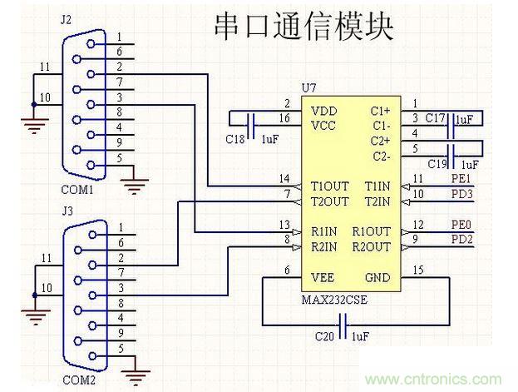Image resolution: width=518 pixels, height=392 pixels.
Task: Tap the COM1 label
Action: tap(77, 189)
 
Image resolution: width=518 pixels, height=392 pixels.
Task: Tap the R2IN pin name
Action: tap(323, 246)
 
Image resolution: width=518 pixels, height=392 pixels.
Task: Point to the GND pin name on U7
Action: tap(378, 278)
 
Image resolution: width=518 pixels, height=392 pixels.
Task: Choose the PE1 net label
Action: tap(461, 179)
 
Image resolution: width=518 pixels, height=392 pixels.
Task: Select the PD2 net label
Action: tap(461, 240)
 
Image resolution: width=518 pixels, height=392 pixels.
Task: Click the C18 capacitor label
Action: tap(235, 139)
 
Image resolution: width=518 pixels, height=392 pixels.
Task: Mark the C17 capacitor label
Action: tap(435, 119)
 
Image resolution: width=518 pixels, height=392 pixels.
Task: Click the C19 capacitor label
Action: tap(436, 164)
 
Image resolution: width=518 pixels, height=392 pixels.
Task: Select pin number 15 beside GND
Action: tap(418, 269)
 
